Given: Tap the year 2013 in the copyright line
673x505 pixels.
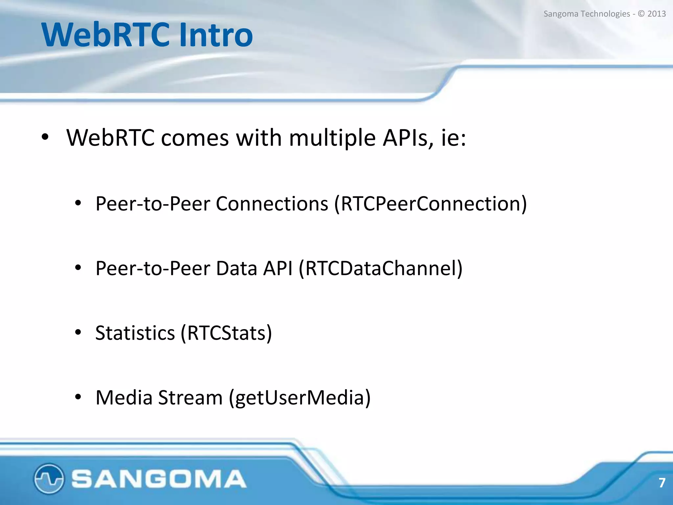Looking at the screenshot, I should click(656, 14).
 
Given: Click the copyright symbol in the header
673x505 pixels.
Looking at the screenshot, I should click(641, 14).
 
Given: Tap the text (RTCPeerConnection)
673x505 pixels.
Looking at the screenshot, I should click(430, 204).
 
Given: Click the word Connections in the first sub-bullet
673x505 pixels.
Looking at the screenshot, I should click(272, 204).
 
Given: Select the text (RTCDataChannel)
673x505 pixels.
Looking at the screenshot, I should click(381, 269).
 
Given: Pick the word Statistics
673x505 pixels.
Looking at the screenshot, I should click(135, 333).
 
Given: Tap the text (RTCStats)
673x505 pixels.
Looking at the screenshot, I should click(226, 333).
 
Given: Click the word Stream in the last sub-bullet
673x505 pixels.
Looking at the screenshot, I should click(190, 398).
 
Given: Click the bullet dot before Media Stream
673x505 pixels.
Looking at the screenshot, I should click(78, 397).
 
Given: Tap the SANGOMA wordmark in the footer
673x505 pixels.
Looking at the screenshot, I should click(159, 479).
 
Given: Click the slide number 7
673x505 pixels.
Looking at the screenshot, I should click(662, 483).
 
